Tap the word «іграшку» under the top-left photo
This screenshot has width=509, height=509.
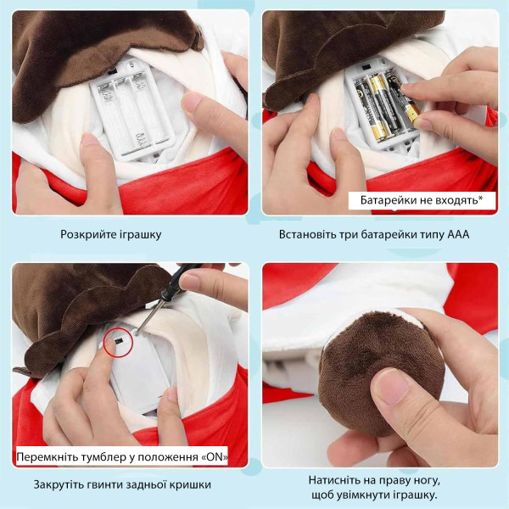coord(140,234)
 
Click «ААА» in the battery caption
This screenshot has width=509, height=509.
coord(458,234)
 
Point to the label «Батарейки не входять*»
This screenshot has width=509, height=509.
coord(422,200)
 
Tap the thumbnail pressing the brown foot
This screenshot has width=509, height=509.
coord(393,386)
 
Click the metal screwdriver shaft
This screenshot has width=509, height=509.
coord(148,316)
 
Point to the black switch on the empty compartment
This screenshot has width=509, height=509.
coord(113,71)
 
